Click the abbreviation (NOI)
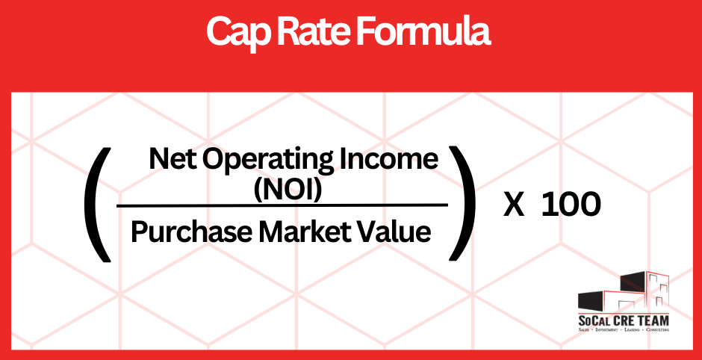[288, 190]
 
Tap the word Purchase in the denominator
[190, 232]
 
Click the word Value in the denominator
[400, 232]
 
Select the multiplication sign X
[513, 205]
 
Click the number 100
[571, 205]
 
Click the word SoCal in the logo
[594, 320]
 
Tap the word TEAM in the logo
[651, 320]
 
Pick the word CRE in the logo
[623, 320]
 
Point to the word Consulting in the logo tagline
[655, 330]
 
